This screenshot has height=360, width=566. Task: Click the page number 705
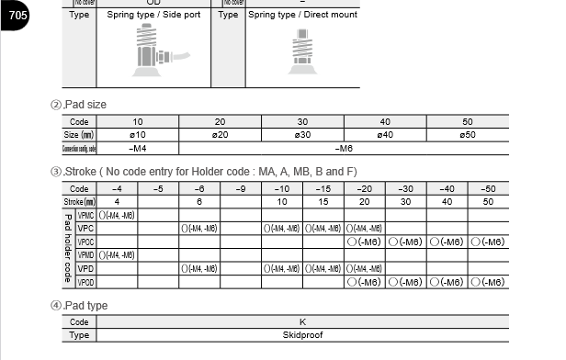(x=18, y=16)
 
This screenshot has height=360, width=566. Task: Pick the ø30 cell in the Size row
(x=302, y=135)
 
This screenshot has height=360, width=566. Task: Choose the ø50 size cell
(x=467, y=135)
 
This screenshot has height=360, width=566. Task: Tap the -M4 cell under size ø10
(x=138, y=148)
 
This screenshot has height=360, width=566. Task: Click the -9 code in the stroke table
(x=240, y=188)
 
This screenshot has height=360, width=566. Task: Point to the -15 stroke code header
(x=323, y=188)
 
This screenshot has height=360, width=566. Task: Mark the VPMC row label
(x=86, y=215)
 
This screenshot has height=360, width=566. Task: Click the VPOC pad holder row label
(x=86, y=242)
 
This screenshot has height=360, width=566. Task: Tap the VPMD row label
(x=86, y=255)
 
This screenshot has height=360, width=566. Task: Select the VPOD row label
(x=86, y=282)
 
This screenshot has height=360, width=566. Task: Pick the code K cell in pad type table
(x=302, y=322)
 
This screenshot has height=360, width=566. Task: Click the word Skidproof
(x=302, y=335)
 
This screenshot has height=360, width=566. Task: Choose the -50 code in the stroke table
(x=488, y=188)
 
